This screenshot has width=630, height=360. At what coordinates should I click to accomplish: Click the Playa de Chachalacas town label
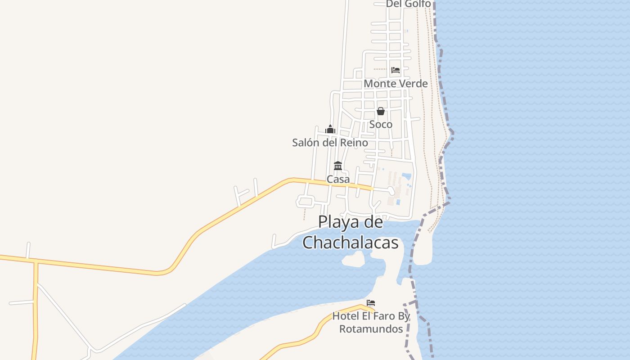click(351, 232)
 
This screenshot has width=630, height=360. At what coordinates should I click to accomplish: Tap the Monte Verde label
click(396, 84)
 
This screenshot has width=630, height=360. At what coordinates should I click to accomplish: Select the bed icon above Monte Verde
click(396, 70)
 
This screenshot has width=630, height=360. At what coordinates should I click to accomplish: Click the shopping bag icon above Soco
click(381, 111)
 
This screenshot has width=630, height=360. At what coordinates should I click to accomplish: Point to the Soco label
click(381, 124)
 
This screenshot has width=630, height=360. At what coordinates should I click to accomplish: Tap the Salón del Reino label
click(330, 143)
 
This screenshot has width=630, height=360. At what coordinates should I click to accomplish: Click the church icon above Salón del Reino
click(330, 130)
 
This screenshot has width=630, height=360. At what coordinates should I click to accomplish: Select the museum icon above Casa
click(338, 166)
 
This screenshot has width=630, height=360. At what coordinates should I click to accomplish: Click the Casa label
click(338, 179)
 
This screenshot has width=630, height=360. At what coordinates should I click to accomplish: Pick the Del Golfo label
click(408, 4)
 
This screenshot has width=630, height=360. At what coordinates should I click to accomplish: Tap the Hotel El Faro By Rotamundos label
click(371, 322)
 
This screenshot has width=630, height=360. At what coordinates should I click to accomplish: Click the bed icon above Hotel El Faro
click(371, 303)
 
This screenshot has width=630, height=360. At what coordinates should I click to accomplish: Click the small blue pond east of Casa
click(406, 175)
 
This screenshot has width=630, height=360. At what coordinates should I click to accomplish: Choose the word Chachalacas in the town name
click(351, 243)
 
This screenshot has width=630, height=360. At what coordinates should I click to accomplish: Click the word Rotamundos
click(371, 329)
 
